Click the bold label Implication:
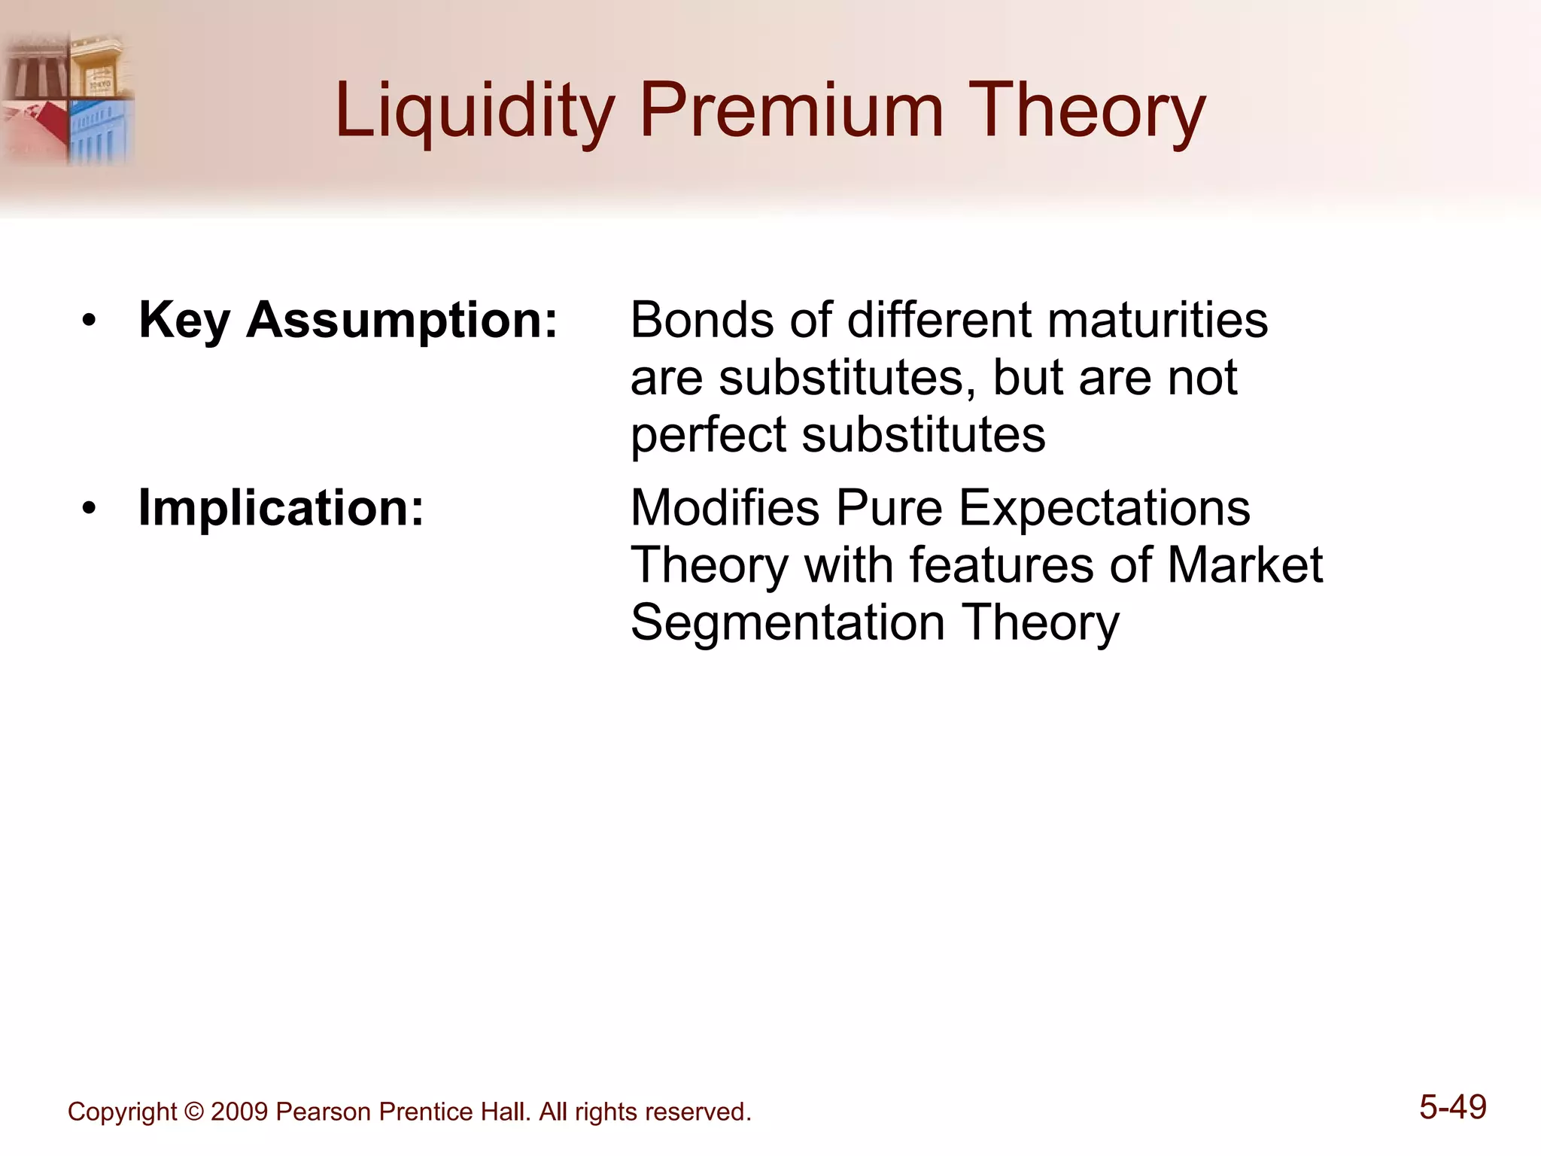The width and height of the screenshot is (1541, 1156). click(x=281, y=508)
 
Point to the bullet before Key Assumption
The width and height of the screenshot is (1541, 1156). click(x=90, y=322)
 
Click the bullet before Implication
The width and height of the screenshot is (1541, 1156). click(x=90, y=510)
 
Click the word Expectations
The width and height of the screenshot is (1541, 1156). click(x=1104, y=508)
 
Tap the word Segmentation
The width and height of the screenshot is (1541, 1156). click(x=787, y=622)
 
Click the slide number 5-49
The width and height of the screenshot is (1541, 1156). click(x=1452, y=1107)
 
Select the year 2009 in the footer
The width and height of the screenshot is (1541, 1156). click(x=239, y=1112)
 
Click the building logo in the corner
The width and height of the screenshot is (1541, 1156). click(x=68, y=98)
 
